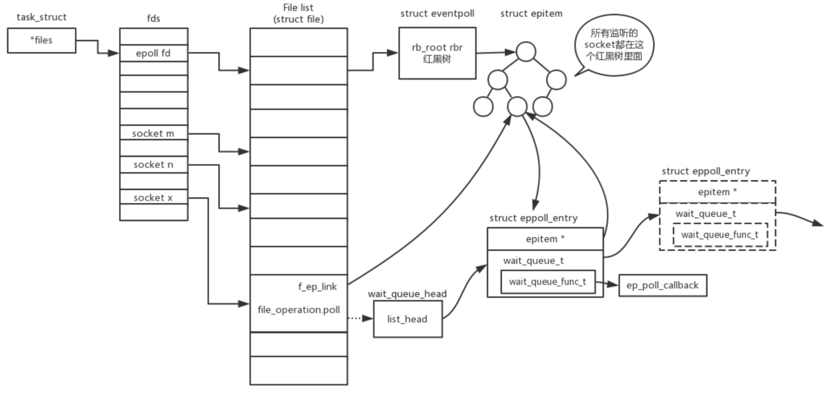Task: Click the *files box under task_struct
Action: coord(41,40)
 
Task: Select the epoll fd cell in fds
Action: coord(154,53)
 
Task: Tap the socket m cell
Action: coord(154,133)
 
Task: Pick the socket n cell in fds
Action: coord(154,164)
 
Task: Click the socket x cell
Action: coord(154,197)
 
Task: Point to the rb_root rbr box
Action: coord(437,53)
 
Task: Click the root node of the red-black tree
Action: coord(526,52)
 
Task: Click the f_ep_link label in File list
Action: coord(317,287)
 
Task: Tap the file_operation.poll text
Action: coord(299,309)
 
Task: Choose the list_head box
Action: coord(408,319)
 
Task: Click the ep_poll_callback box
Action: coord(663,285)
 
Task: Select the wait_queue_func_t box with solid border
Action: coord(548,282)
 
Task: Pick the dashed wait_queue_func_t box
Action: coord(720,235)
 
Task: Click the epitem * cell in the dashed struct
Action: coord(718,192)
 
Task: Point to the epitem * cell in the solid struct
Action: coord(545,239)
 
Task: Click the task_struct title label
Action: coord(41,17)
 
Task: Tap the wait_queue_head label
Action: coord(407,294)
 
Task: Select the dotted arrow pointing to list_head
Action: coord(360,318)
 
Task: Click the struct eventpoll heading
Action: coord(437,14)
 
